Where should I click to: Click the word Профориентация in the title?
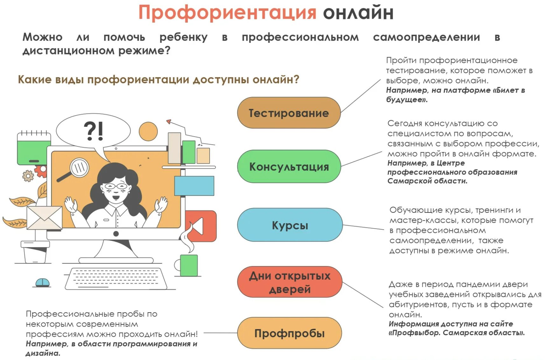pos(227,13)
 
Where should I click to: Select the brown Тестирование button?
pos(289,113)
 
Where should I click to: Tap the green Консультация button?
pos(289,167)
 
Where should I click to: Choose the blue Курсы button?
pos(290,225)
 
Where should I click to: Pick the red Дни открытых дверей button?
pos(290,282)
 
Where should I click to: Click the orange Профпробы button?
pos(289,333)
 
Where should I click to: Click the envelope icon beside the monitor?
pos(45,218)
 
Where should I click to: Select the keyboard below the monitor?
pos(116,278)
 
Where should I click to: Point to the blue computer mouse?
pos(42,282)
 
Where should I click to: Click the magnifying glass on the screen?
pos(76,169)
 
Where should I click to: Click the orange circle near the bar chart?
pos(148,131)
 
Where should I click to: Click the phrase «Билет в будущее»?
pos(455,95)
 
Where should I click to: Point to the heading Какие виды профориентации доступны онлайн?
pos(158,79)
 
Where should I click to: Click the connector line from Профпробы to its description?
pos(220,333)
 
